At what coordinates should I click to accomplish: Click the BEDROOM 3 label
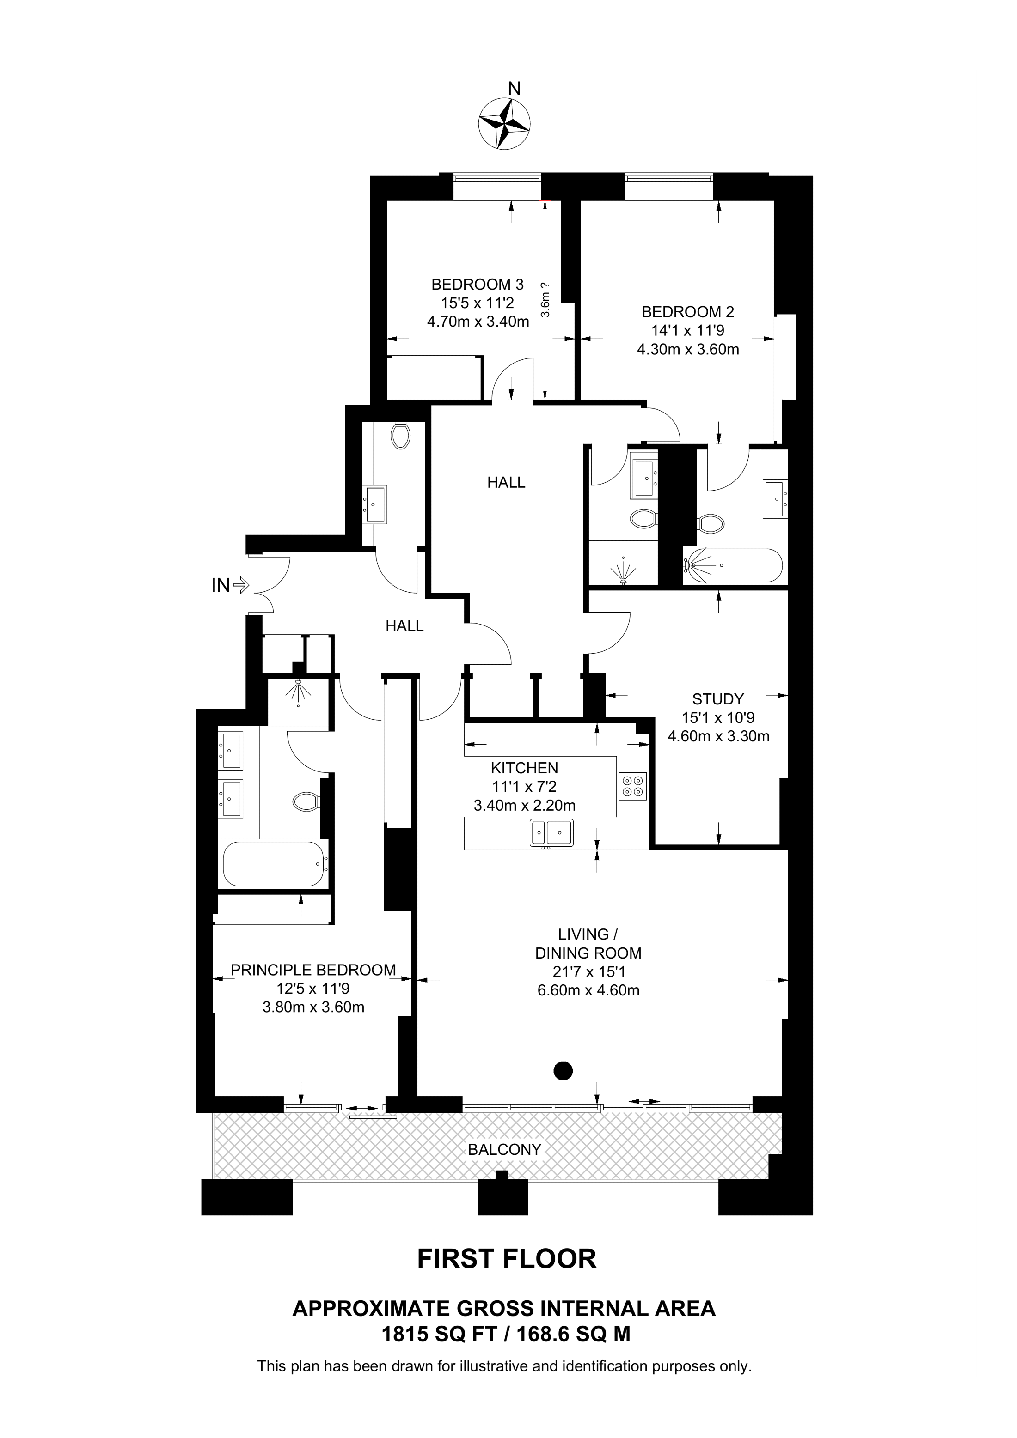point(478,285)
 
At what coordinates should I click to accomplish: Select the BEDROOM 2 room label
point(688,312)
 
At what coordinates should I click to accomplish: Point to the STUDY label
point(718,699)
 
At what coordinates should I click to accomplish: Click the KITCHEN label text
point(525,768)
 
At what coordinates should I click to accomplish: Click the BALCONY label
point(504,1150)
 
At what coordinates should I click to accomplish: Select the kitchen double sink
point(552,833)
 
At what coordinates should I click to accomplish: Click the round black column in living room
point(564,1071)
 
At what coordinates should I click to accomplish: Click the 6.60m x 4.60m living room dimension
point(588,991)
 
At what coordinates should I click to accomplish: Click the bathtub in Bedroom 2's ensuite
point(733,565)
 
